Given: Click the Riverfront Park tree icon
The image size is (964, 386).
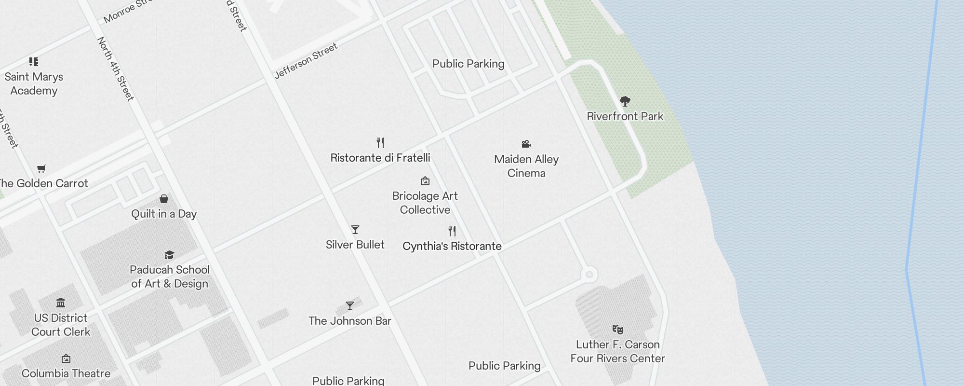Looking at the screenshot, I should [x=625, y=101].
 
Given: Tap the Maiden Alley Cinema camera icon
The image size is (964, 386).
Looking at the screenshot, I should [x=526, y=144].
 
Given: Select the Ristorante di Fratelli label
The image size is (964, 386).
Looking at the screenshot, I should [x=380, y=158].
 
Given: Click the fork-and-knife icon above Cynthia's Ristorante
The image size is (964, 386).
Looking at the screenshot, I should [x=452, y=231].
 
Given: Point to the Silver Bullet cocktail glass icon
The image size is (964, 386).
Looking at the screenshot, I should [x=355, y=230].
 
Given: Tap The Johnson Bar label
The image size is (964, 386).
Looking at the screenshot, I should [x=349, y=321].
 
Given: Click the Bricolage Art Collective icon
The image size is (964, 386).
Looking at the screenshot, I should [x=425, y=181].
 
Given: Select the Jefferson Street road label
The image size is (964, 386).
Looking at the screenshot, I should [x=306, y=61].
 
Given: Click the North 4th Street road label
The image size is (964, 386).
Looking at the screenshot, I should [x=115, y=69].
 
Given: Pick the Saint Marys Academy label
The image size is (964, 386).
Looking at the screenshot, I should [x=34, y=83].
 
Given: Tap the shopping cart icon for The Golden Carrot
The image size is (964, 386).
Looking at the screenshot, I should [x=41, y=169].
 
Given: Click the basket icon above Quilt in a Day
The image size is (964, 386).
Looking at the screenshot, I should [x=164, y=199].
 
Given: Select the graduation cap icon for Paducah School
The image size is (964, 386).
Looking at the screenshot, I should [x=169, y=255].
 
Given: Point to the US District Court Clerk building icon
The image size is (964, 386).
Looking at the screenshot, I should [x=61, y=303].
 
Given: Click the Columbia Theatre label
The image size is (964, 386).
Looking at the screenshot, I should [x=66, y=373].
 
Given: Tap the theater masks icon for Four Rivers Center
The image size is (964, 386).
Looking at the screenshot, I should [x=617, y=330].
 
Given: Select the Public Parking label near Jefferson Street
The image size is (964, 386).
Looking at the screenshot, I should [x=468, y=64].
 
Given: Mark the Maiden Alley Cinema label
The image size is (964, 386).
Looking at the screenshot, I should [x=526, y=166].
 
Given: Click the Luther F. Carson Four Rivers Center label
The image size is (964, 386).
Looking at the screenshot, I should [x=617, y=351].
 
